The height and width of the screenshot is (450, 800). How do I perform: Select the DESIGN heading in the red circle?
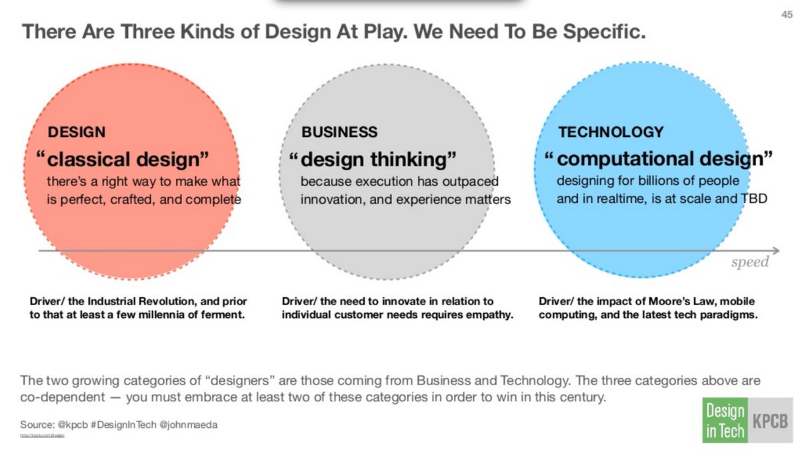(x=76, y=132)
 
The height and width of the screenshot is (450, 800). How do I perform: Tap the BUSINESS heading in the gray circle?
(x=339, y=132)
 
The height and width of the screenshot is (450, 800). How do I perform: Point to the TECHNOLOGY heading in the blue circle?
(x=611, y=132)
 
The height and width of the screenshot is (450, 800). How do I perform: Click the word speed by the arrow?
(x=749, y=262)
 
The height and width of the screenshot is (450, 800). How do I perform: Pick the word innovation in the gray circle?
(x=331, y=199)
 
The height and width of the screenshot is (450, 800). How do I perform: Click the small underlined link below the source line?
(x=42, y=435)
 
